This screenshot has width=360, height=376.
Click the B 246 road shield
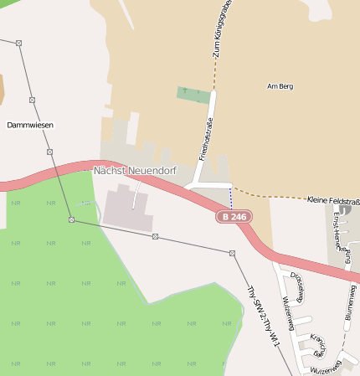(x=234, y=217)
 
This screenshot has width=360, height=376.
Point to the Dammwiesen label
(x=30, y=125)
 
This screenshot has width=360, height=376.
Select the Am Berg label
(x=280, y=86)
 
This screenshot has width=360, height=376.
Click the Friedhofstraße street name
(x=203, y=140)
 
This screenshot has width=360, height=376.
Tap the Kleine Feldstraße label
(x=333, y=201)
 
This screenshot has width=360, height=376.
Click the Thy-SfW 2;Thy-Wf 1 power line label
(x=262, y=318)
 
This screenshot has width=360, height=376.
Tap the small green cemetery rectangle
(x=193, y=95)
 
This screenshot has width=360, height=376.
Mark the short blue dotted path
(x=231, y=198)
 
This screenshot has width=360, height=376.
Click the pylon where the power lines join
(x=72, y=219)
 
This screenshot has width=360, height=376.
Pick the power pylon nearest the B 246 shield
(x=232, y=253)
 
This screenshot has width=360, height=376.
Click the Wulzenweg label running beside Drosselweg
(x=286, y=311)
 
